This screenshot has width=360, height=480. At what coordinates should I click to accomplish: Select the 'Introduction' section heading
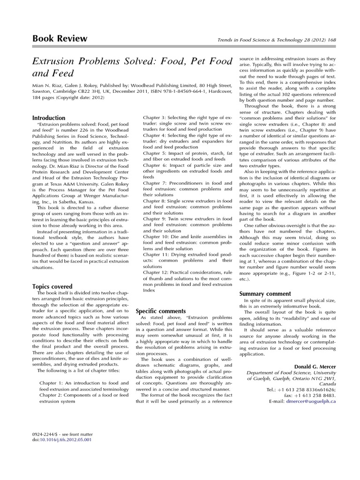[x=49, y=118]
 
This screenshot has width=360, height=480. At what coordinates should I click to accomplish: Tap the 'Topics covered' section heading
[x=52, y=286]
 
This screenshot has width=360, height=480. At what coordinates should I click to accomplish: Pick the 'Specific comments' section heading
[x=161, y=311]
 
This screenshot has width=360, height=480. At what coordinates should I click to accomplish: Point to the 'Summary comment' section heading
[x=265, y=293]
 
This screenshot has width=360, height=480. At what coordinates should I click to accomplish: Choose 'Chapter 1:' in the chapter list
[x=54, y=382]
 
